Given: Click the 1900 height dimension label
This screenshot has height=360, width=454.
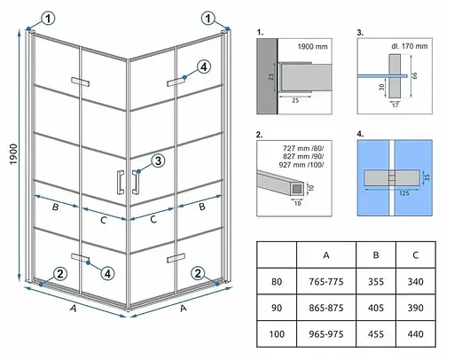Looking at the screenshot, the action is pyautogui.click(x=13, y=154).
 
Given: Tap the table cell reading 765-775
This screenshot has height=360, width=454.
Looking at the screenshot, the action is pyautogui.click(x=326, y=282).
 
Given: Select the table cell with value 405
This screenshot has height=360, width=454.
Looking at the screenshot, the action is pyautogui.click(x=376, y=308).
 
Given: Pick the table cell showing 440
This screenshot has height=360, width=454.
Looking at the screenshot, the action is pyautogui.click(x=416, y=334).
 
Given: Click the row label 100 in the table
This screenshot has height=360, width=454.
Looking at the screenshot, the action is pyautogui.click(x=277, y=334).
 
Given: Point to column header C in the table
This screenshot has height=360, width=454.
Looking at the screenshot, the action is pyautogui.click(x=416, y=255).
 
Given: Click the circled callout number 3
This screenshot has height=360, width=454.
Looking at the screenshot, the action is pyautogui.click(x=158, y=161).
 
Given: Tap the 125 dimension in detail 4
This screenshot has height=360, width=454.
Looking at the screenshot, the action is pyautogui.click(x=403, y=193).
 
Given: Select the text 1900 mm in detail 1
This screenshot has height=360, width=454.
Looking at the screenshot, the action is pyautogui.click(x=312, y=46).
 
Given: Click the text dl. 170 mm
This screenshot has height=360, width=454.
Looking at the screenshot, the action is pyautogui.click(x=410, y=46).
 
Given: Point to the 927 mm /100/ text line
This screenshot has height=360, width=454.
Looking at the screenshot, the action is pyautogui.click(x=301, y=165).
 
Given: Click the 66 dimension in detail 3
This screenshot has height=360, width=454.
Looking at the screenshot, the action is pyautogui.click(x=414, y=75).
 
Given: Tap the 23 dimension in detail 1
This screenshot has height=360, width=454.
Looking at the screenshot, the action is pyautogui.click(x=270, y=77).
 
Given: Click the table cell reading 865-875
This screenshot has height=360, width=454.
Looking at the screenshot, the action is pyautogui.click(x=326, y=308).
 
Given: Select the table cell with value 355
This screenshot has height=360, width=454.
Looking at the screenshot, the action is pyautogui.click(x=376, y=282).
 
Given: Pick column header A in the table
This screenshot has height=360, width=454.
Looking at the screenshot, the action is pyautogui.click(x=326, y=255).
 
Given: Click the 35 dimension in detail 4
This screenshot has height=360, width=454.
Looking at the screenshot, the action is pyautogui.click(x=427, y=177).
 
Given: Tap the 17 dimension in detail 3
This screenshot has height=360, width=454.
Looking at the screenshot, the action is pyautogui.click(x=395, y=105).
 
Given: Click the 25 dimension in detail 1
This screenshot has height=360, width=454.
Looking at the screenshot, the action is pyautogui.click(x=295, y=100).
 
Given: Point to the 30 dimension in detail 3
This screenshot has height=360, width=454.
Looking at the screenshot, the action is pyautogui.click(x=381, y=87).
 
